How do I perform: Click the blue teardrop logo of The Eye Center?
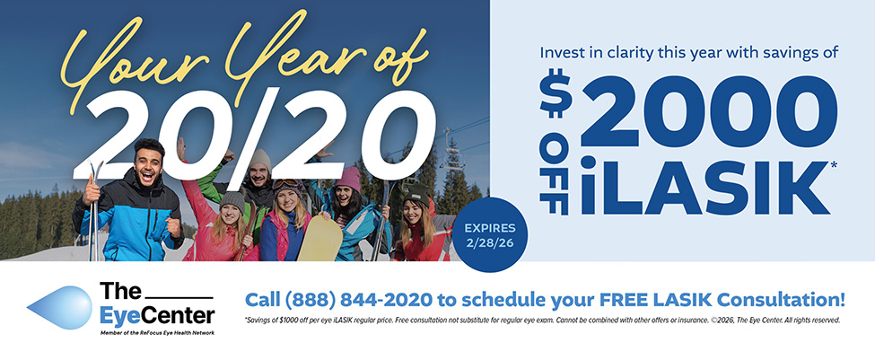click(x=60, y=308)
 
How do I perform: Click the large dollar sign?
click(x=556, y=95)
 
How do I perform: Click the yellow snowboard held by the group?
click(x=319, y=238)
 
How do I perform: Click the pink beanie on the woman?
click(x=348, y=178)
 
